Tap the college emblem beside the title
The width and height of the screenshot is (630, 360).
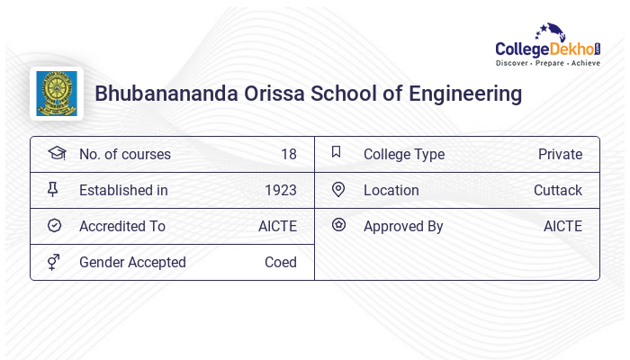pyautogui.click(x=57, y=94)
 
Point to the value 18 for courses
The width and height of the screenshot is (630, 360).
pyautogui.click(x=288, y=155)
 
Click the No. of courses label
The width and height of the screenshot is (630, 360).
pyautogui.click(x=124, y=155)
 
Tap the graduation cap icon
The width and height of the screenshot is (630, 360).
pyautogui.click(x=56, y=153)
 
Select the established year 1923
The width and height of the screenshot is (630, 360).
pyautogui.click(x=280, y=191)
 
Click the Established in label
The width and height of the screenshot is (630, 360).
pyautogui.click(x=123, y=191)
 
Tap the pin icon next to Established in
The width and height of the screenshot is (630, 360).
pyautogui.click(x=54, y=190)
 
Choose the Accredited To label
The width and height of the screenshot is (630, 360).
pyautogui.click(x=121, y=227)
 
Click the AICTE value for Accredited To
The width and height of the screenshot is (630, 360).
pyautogui.click(x=277, y=227)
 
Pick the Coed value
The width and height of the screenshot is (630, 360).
pyautogui.click(x=280, y=263)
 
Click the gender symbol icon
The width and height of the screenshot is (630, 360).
pyautogui.click(x=54, y=262)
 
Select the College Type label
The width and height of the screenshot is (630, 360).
pyautogui.click(x=403, y=155)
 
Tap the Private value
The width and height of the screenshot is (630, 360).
pyautogui.click(x=560, y=155)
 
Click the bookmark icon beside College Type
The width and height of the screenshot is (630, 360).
pyautogui.click(x=337, y=152)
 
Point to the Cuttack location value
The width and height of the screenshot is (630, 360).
pyautogui.click(x=557, y=191)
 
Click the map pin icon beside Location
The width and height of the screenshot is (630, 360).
pyautogui.click(x=337, y=190)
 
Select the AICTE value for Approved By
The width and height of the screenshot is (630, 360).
pyautogui.click(x=562, y=227)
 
